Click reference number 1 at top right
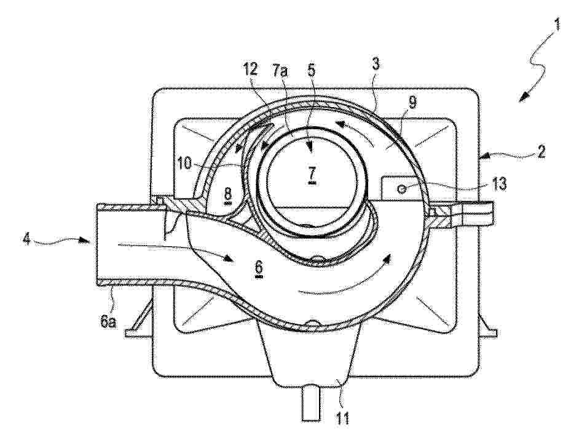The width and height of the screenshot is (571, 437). (556, 27)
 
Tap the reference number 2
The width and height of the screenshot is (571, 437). (541, 151)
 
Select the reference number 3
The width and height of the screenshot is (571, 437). (376, 64)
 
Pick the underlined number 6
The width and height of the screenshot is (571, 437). (259, 271)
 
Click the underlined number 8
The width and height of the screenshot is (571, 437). (228, 194)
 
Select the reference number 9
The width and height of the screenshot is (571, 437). (411, 104)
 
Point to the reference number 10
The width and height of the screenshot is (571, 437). (185, 164)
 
